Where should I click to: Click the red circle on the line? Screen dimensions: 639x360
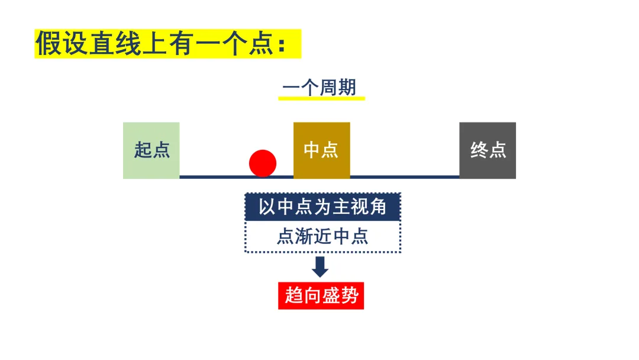263,163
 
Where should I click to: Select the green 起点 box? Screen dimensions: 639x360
151,150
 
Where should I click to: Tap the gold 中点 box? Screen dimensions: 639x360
321,150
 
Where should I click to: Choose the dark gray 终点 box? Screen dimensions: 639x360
488,150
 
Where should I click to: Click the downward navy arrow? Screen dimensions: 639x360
320,267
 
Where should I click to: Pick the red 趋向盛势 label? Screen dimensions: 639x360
321,295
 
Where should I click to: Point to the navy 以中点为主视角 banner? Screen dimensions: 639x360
323,207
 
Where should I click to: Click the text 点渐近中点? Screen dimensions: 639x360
322,236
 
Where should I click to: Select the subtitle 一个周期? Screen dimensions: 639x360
319,87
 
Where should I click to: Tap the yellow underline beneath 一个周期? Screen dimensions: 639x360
321,98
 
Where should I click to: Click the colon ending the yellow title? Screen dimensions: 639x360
281,45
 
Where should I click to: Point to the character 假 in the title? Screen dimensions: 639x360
49,43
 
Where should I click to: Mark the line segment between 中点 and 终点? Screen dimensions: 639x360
405,177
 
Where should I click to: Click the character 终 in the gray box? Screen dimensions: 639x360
479,150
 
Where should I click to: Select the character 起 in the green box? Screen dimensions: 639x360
143,150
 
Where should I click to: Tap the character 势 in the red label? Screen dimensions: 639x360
349,295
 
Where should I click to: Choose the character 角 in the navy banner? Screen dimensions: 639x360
377,207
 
